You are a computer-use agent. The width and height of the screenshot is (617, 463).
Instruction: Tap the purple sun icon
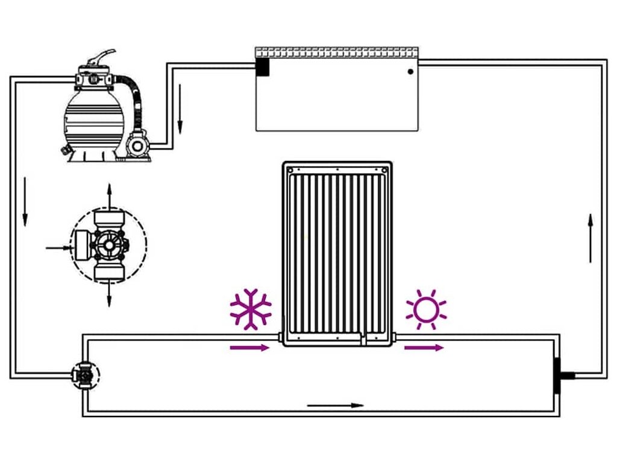(x=426, y=309)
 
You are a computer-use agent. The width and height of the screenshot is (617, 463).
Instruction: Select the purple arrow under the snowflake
(x=249, y=347)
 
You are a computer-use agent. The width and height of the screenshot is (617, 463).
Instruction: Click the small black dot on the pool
(x=410, y=71)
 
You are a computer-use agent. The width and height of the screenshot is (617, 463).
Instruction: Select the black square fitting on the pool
(x=263, y=66)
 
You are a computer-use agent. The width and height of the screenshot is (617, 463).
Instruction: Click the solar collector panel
(x=337, y=253)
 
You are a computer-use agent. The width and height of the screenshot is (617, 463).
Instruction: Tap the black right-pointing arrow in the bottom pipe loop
(x=336, y=405)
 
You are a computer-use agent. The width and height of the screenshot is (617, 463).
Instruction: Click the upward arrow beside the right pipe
(x=590, y=238)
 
